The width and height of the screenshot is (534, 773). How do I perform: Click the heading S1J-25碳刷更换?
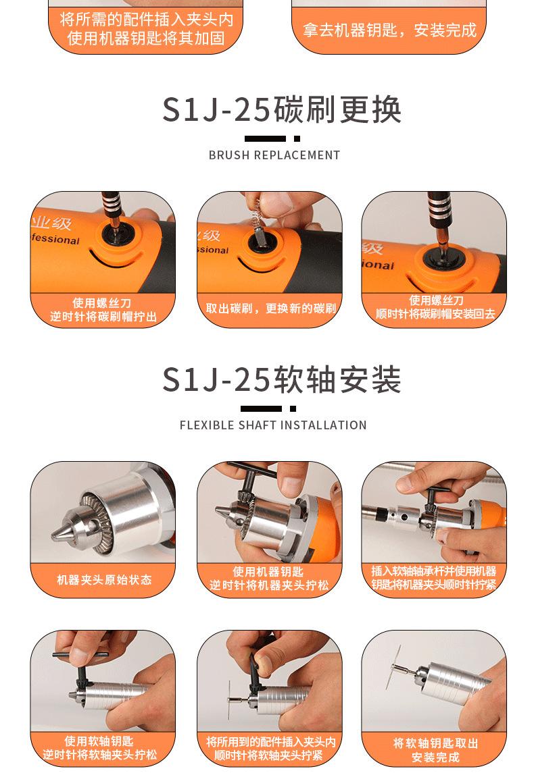click(x=282, y=109)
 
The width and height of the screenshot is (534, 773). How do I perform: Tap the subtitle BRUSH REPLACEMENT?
click(x=274, y=155)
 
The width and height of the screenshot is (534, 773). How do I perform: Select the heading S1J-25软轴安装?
click(x=282, y=379)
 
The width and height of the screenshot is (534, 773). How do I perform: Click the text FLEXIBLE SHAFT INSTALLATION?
click(x=273, y=425)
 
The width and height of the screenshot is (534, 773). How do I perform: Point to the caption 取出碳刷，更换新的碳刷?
click(x=271, y=309)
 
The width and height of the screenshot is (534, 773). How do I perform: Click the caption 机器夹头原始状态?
click(x=104, y=580)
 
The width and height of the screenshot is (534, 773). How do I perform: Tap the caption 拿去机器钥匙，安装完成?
click(x=390, y=30)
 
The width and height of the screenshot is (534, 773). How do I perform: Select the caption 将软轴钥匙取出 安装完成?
click(x=435, y=750)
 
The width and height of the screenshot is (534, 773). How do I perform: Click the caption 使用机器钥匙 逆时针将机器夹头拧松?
click(x=269, y=579)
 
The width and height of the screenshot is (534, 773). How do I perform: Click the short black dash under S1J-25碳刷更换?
click(x=297, y=138)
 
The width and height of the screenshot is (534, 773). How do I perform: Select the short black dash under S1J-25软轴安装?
click(x=293, y=408)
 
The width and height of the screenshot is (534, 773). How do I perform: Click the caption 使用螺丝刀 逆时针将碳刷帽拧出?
click(x=103, y=310)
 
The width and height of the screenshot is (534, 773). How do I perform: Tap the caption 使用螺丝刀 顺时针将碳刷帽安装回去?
click(x=435, y=307)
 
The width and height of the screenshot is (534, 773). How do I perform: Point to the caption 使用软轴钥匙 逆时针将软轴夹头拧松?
click(x=99, y=748)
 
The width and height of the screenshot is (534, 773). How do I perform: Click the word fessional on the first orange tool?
click(x=55, y=240)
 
